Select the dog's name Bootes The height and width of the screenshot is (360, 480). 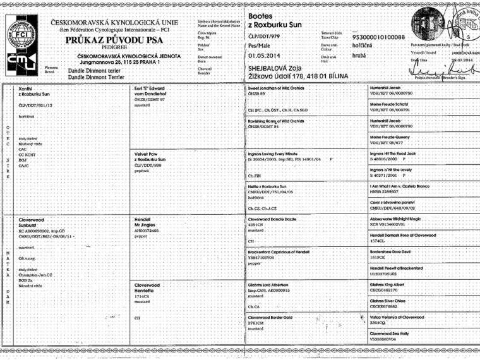click(261, 15)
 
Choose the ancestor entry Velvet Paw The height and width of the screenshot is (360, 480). click(145, 153)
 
